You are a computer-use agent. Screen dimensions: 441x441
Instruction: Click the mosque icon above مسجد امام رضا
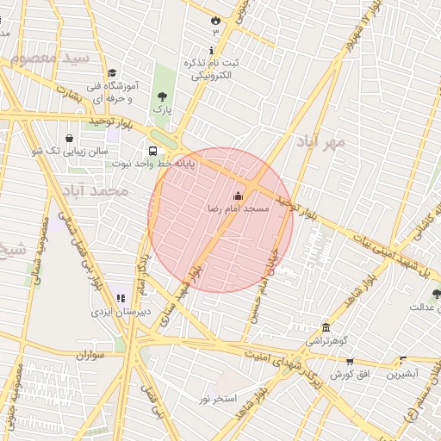tap(238, 196)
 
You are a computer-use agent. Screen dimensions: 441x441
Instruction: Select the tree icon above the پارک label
tap(162, 96)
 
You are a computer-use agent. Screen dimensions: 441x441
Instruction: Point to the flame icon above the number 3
tap(214, 18)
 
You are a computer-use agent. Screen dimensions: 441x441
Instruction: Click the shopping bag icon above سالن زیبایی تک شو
tap(69, 138)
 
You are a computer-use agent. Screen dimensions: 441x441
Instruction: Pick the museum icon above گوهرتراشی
tap(326, 328)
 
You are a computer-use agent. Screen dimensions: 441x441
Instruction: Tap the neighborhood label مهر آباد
tap(321, 140)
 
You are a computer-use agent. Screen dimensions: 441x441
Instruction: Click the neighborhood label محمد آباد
tap(96, 189)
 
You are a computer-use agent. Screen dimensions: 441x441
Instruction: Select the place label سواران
tap(89, 355)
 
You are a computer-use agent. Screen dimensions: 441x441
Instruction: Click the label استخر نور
tap(217, 398)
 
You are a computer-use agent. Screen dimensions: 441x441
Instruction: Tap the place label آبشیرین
tap(401, 374)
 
